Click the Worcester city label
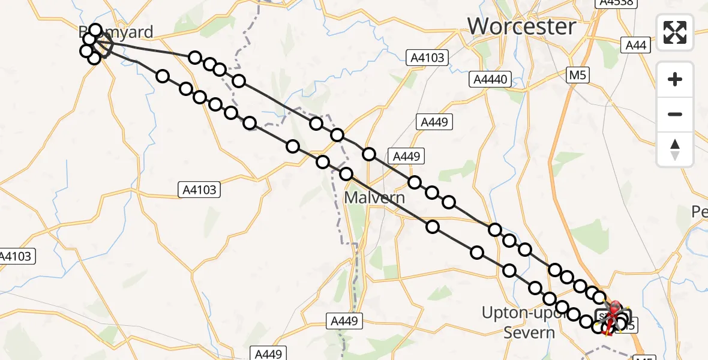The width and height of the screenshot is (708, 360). tap(521, 27)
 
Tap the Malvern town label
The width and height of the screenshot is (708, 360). tap(374, 197)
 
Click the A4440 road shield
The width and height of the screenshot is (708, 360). tap(490, 79)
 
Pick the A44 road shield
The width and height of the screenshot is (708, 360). tap(635, 45)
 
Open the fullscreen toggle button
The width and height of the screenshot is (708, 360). tap(675, 32)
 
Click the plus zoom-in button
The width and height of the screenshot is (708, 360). tap(675, 79)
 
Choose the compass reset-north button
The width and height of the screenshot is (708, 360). tap(675, 149)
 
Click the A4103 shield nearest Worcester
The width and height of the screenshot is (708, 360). tap(427, 58)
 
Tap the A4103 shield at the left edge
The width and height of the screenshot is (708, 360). tap(16, 256)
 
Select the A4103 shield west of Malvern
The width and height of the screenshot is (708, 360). tap(200, 190)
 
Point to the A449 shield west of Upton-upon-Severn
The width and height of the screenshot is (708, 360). tap(346, 322)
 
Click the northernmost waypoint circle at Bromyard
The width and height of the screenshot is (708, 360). tap(95, 30)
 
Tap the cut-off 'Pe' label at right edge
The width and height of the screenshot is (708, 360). tap(700, 212)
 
